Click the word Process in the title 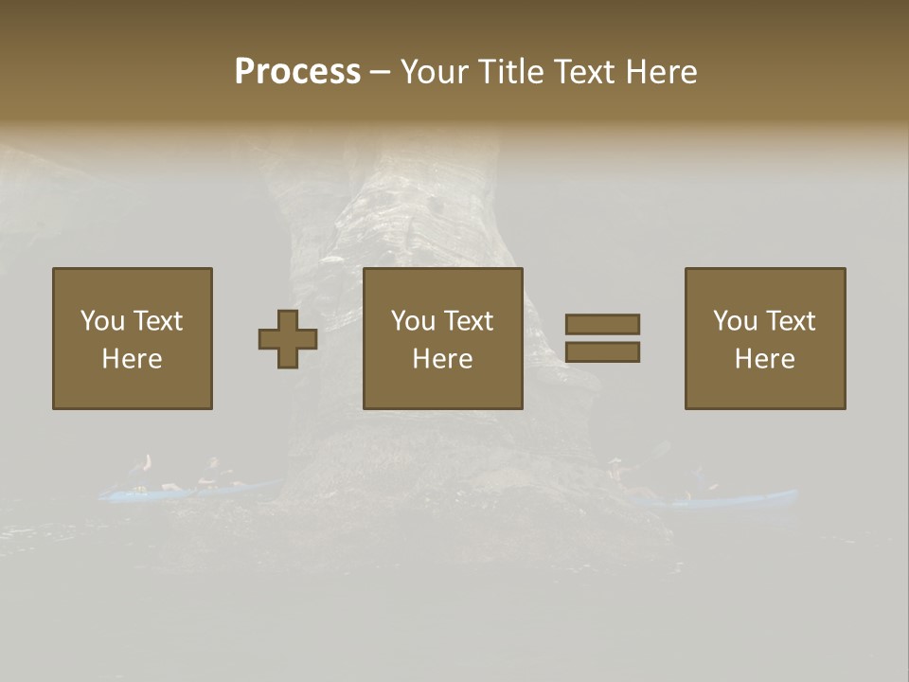pyautogui.click(x=297, y=72)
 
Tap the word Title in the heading pyautogui.click(x=510, y=72)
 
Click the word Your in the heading pyautogui.click(x=436, y=72)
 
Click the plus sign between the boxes pyautogui.click(x=288, y=339)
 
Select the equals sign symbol pyautogui.click(x=602, y=338)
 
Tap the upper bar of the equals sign pyautogui.click(x=602, y=324)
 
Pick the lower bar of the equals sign pyautogui.click(x=602, y=352)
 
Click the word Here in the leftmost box pyautogui.click(x=133, y=359)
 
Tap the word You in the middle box pyautogui.click(x=413, y=321)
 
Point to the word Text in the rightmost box pyautogui.click(x=792, y=321)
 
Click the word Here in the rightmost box pyautogui.click(x=765, y=359)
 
